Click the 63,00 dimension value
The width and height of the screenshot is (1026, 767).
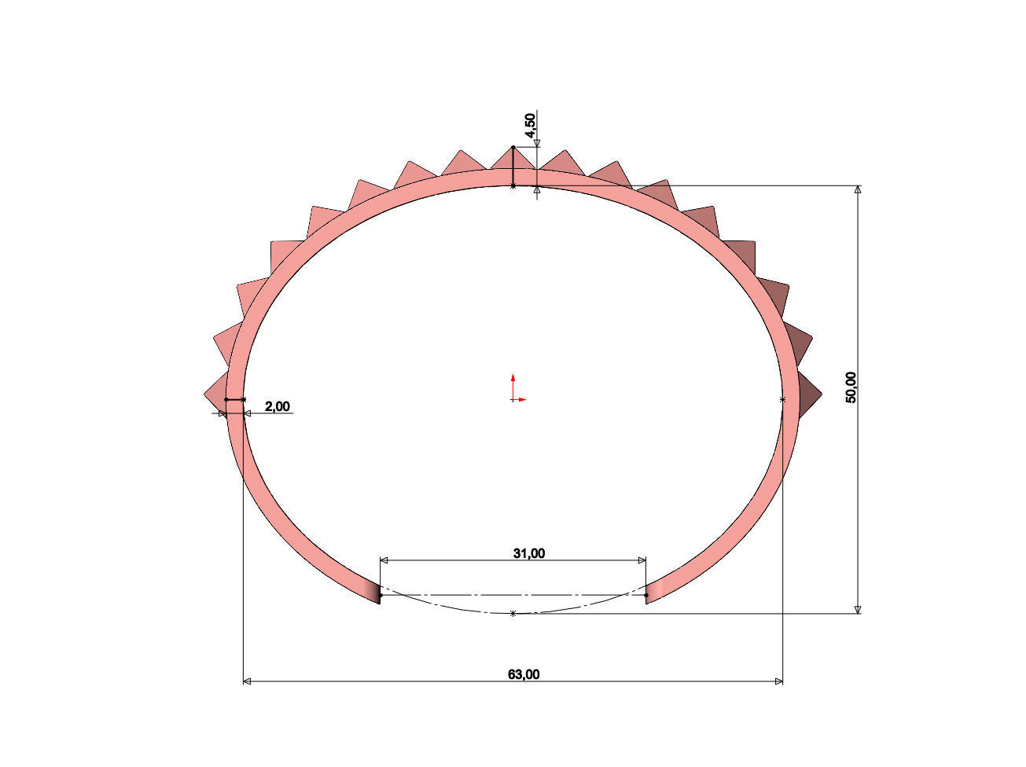coord(524,674)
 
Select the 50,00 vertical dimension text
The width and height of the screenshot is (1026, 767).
coord(851,387)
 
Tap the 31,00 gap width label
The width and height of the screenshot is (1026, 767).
coord(528,553)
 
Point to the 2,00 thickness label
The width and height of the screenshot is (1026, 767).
coord(278,406)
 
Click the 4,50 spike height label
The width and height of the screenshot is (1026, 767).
coord(531,125)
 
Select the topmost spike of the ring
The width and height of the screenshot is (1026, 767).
coord(513,159)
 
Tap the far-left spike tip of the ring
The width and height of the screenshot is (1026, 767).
coord(204,395)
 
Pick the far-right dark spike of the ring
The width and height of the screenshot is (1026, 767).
coord(809,395)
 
